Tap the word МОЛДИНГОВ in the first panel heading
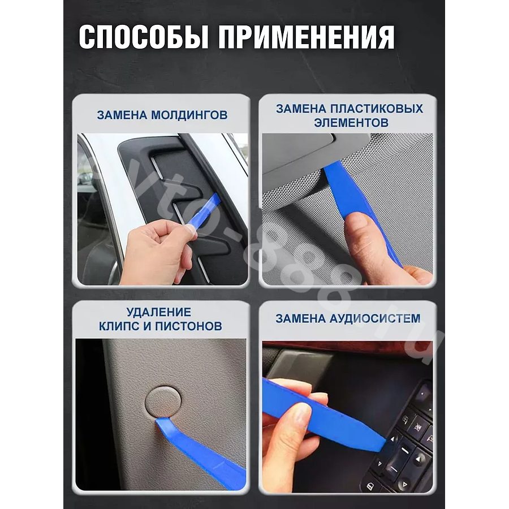[x=189, y=115]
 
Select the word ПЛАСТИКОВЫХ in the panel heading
[x=377, y=109]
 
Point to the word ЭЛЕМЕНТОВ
[x=351, y=123]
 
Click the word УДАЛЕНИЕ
[x=159, y=312]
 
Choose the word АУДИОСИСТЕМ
[x=375, y=318]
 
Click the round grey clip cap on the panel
[x=163, y=401]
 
